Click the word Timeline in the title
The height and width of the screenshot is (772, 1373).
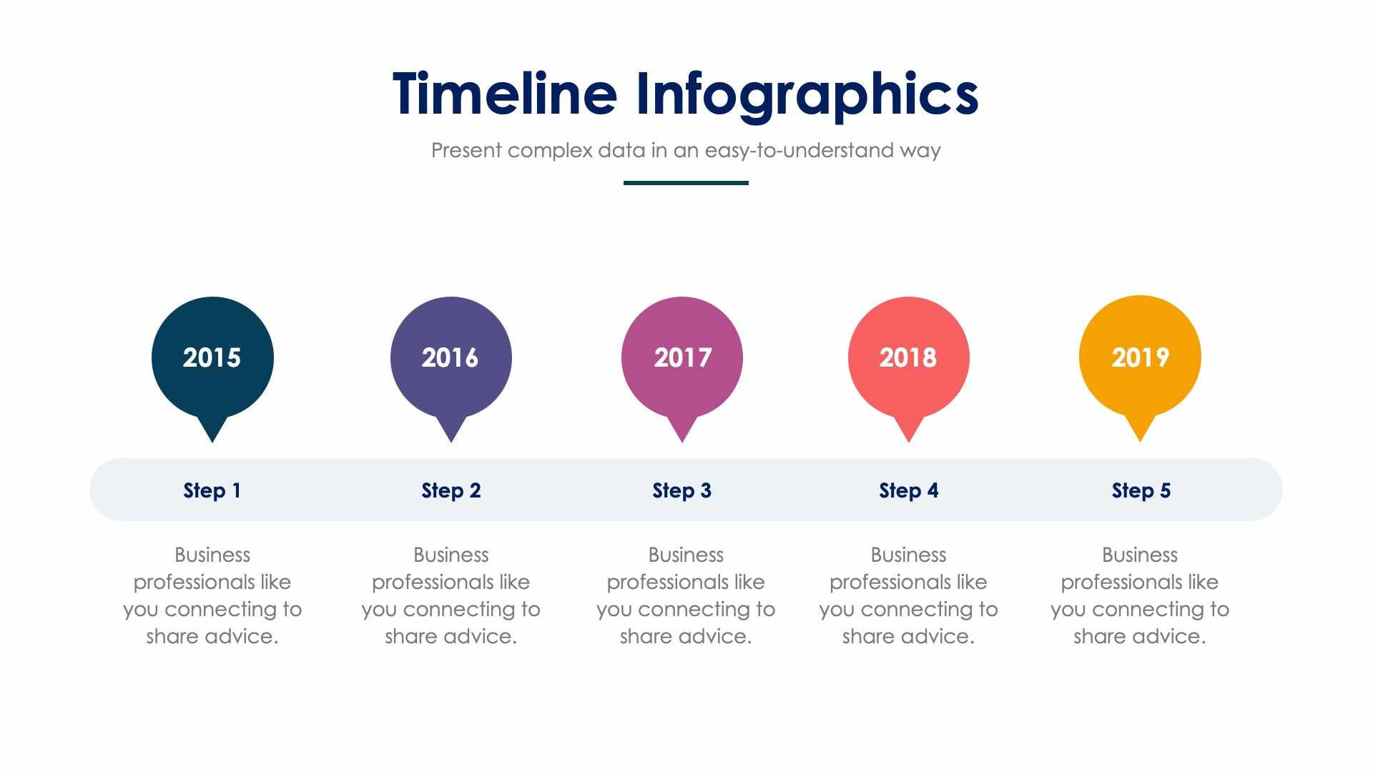(x=504, y=94)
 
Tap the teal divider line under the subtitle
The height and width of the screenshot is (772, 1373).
(x=686, y=183)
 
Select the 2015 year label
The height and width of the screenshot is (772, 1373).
(x=212, y=357)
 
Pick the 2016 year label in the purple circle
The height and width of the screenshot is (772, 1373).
(x=450, y=357)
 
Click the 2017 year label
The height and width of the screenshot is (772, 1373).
(x=682, y=357)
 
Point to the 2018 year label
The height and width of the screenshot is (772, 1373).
(x=907, y=357)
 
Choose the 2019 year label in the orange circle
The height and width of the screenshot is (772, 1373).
(x=1140, y=357)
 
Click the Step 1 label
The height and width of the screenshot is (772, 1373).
(x=212, y=490)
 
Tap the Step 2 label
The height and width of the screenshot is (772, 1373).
(x=451, y=490)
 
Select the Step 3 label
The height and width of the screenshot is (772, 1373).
(x=681, y=490)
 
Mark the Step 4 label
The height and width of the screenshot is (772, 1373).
(x=908, y=490)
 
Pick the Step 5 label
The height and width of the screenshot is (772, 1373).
(x=1141, y=490)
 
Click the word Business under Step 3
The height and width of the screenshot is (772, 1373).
(x=686, y=555)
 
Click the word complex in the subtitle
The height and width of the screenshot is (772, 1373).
(x=550, y=151)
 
